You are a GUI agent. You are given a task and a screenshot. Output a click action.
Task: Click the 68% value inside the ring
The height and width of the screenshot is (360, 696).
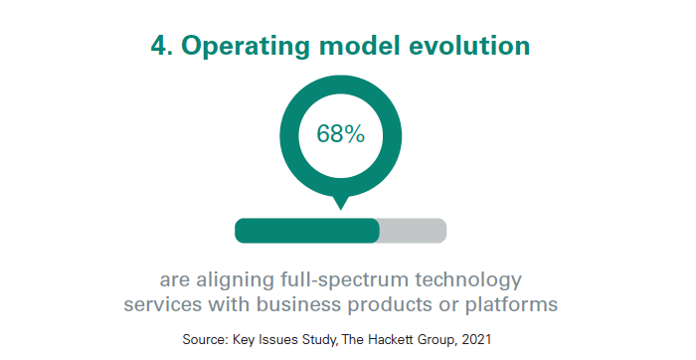(340, 133)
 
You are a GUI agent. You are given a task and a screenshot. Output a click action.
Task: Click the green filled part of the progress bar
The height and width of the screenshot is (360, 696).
(306, 230)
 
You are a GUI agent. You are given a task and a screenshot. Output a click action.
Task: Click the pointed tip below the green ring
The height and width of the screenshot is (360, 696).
(340, 205)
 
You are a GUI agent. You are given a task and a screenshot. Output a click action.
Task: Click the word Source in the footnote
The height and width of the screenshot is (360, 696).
(204, 340)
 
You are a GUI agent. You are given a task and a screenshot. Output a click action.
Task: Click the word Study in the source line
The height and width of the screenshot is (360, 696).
(317, 340)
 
